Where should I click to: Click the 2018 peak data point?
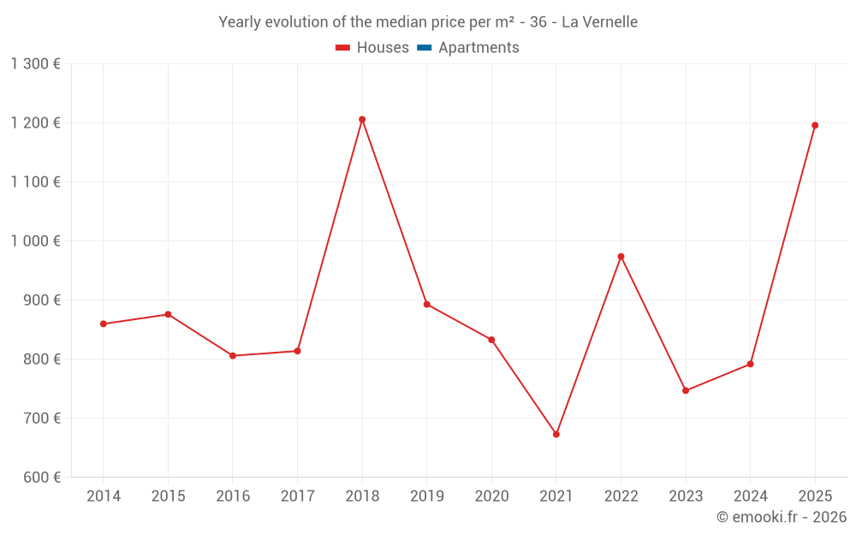pos(362,120)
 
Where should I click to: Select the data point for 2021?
pos(556,434)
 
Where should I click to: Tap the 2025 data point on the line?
pos(815,126)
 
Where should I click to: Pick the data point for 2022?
pos(621,257)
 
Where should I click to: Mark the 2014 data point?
pos(104,324)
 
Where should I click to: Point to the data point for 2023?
pos(686,390)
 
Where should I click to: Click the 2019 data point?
pos(426,304)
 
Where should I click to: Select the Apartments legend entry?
pos(479,48)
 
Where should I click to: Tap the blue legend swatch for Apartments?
pos(424,48)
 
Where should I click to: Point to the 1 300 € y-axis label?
pos(35,63)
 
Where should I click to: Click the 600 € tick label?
pos(41,477)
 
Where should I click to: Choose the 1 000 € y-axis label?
pos(35,241)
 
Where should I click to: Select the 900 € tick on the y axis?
pos(41,300)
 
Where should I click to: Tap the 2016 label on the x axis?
pos(233,496)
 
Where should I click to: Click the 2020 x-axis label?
pos(491,496)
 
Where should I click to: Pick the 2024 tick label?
pos(750,496)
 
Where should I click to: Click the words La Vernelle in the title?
pos(599,22)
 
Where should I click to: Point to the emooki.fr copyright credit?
pos(782,517)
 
